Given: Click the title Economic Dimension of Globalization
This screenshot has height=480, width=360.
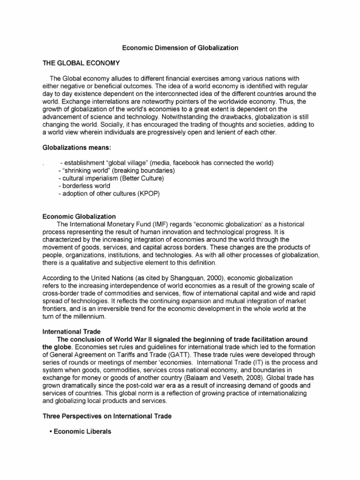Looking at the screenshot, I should [x=180, y=48].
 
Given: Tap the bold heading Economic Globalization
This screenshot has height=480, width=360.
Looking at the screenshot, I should [x=79, y=217].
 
